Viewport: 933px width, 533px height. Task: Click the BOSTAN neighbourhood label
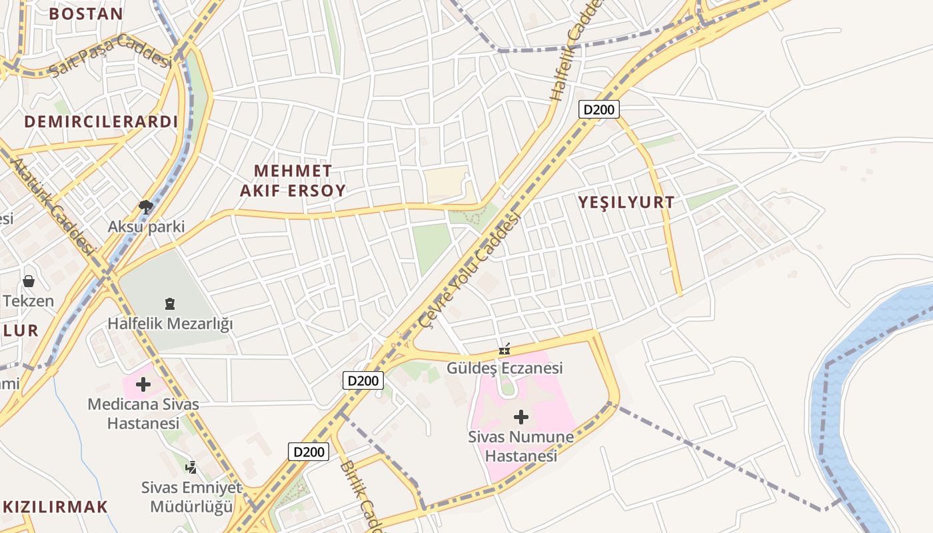[86, 13]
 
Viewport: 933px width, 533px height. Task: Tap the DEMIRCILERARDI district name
[101, 122]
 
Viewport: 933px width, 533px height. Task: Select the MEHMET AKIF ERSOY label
[293, 181]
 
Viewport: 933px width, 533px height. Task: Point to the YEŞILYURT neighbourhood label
[626, 203]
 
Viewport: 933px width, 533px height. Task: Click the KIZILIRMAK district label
[55, 506]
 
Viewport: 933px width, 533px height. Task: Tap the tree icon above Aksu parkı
[145, 207]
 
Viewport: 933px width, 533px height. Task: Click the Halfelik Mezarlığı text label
[171, 324]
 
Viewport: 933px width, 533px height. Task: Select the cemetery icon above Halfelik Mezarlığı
[170, 304]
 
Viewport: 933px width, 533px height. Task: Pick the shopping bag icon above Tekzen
[29, 281]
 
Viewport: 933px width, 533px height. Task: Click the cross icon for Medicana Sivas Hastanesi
[143, 384]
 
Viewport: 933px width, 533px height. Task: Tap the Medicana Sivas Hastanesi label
[143, 414]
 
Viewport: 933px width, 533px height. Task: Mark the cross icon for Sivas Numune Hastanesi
[521, 418]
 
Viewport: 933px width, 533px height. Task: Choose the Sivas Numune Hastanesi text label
[520, 447]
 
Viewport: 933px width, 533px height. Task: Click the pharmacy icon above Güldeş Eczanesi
[504, 348]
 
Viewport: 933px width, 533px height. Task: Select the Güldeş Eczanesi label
[504, 368]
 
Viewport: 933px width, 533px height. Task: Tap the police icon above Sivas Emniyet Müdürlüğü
[191, 467]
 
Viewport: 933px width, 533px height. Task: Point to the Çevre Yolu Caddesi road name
[470, 270]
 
